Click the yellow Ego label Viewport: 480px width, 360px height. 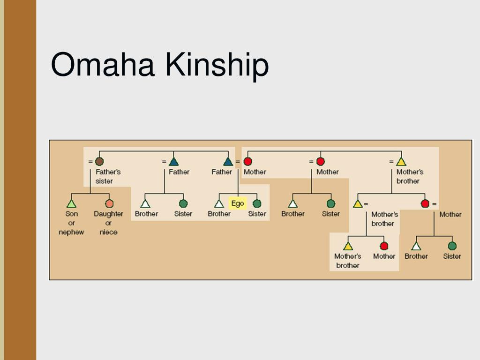point(238,204)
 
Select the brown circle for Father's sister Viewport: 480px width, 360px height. point(99,162)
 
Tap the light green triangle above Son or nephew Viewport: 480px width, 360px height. point(71,203)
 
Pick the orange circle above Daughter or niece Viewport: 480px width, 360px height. point(109,203)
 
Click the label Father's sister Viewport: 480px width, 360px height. point(108,176)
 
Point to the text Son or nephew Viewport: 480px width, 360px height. point(71,223)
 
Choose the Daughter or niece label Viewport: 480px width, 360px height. point(108,223)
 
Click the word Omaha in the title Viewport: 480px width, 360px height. point(103,65)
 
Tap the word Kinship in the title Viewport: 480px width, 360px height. point(217,65)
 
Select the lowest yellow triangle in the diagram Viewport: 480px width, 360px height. point(348,246)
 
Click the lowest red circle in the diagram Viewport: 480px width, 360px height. point(384,246)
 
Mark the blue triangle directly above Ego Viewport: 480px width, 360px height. point(228,162)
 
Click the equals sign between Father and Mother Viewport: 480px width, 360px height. point(238,162)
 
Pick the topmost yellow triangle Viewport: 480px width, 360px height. point(401,162)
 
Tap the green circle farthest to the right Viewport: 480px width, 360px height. point(452,246)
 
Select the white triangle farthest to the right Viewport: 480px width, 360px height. point(416,246)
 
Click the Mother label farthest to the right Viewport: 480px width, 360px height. point(450,214)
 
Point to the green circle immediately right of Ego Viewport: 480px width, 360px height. point(257,204)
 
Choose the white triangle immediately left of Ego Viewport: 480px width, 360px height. point(219,204)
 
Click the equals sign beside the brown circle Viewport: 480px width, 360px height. point(90,162)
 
